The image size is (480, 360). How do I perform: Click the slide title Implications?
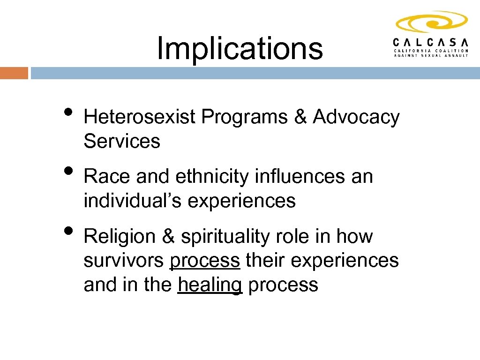point(240,48)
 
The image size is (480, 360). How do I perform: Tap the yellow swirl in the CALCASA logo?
point(431,22)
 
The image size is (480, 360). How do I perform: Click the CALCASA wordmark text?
point(430,41)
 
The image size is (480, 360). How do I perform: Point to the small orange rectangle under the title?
point(14,73)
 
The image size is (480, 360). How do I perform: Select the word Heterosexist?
point(139,117)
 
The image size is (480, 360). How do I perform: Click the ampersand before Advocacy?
point(300,117)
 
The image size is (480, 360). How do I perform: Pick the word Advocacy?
point(356,117)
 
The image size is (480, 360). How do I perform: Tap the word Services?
point(122,141)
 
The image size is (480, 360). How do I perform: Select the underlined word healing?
point(210,285)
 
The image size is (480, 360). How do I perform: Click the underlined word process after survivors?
point(204,261)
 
